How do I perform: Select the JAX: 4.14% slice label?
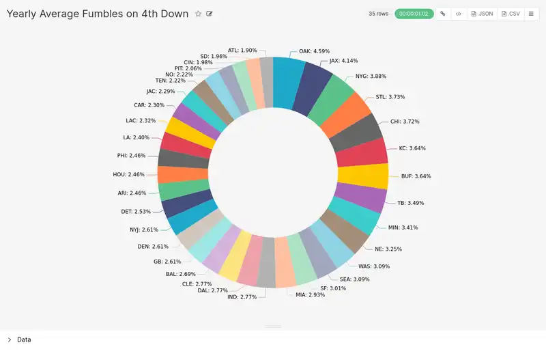[x=343, y=61]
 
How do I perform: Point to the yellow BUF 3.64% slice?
[x=362, y=176]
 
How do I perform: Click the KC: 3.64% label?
[x=412, y=148]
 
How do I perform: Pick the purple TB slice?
[x=357, y=199]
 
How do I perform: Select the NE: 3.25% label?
[x=388, y=249]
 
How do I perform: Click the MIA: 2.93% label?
[x=310, y=294]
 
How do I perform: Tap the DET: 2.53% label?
[x=135, y=212]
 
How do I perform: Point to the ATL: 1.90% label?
[x=242, y=50]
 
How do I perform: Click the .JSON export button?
[x=482, y=14]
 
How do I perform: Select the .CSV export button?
[x=511, y=14]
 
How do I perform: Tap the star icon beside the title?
[x=198, y=14]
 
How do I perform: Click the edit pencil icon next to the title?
[x=210, y=14]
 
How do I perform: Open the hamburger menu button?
[x=531, y=14]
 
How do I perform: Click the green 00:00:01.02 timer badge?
[x=414, y=14]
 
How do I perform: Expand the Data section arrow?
[x=9, y=340]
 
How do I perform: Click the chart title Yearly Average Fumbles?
[x=97, y=14]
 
